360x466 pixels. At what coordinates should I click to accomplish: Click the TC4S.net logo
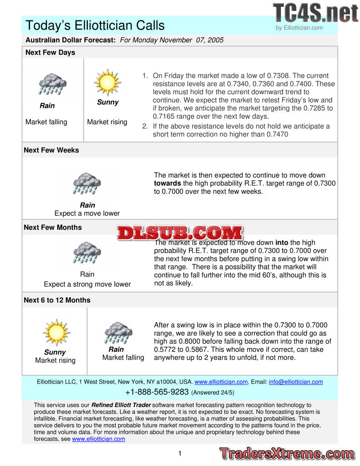pos(315,12)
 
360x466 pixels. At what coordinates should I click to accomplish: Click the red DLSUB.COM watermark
pos(180,233)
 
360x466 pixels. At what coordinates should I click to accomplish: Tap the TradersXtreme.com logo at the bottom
pos(287,453)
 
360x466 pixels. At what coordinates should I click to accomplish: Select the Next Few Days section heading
pos(50,52)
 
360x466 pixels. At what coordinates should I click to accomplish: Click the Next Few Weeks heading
pos(51,150)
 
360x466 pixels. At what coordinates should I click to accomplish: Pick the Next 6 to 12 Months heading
pos(57,300)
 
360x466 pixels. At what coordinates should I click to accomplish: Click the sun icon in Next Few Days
pos(107,82)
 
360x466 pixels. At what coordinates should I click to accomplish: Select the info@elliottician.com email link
pos(296,382)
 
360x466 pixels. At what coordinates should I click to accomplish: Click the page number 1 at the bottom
pos(180,453)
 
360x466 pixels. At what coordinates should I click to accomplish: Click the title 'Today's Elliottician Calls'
pos(95,25)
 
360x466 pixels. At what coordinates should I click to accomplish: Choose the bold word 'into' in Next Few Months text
pos(282,243)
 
